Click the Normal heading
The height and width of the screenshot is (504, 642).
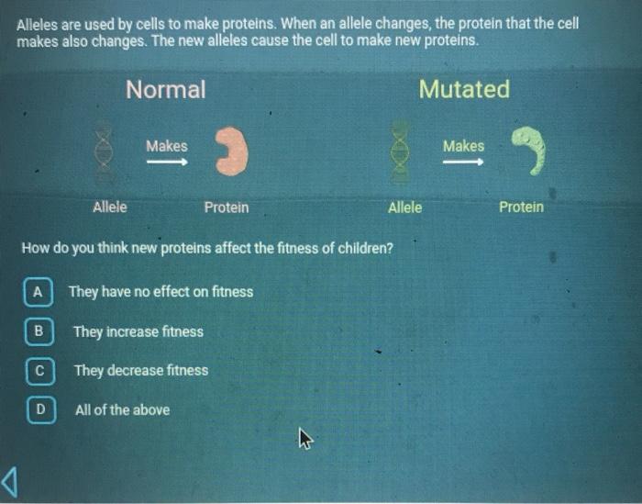coord(165,89)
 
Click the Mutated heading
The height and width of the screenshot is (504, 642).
coord(463,89)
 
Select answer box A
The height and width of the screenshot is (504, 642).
coord(38,292)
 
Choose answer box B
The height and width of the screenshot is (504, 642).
coord(39,330)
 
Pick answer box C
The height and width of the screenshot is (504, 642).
coord(39,370)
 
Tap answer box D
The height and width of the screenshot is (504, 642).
coord(39,409)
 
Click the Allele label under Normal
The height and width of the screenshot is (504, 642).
coord(110,207)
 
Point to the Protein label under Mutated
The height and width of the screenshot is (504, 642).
coord(521,207)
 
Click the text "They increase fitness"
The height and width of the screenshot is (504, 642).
coord(138,331)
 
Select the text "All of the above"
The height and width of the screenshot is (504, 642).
coord(122,409)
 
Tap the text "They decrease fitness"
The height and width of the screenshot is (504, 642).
coord(141,371)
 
